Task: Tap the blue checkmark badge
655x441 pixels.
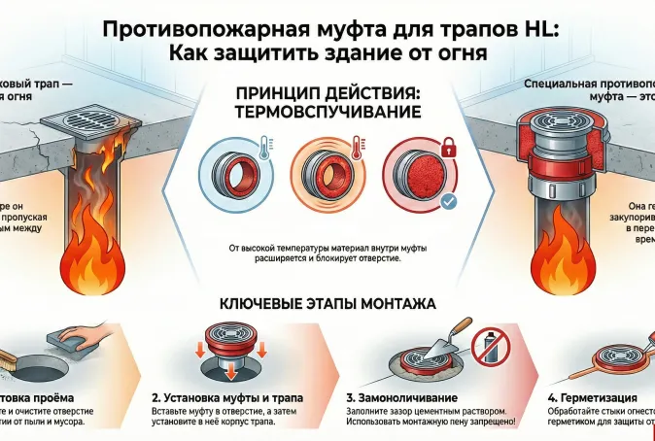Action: [x=447, y=202]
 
